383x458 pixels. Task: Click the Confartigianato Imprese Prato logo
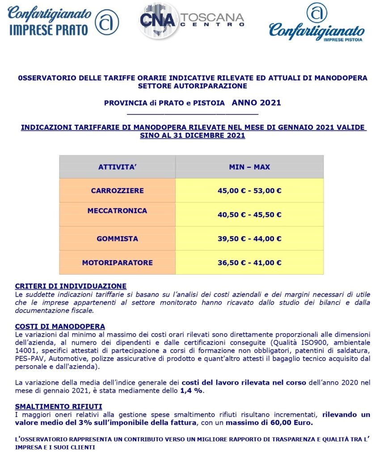pos(63,21)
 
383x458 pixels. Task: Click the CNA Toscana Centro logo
pos(191,20)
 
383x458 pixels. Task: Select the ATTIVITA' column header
pos(117,167)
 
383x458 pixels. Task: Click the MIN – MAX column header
pos(249,167)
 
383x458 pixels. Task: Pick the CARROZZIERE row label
pos(117,191)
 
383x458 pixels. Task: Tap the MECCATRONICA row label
pos(117,211)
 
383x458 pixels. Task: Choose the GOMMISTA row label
pos(117,238)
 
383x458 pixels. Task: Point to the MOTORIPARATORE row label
pos(117,263)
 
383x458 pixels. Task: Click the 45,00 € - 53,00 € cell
pos(249,191)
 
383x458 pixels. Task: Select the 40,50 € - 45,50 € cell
pos(249,215)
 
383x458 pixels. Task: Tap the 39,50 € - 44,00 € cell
pos(249,238)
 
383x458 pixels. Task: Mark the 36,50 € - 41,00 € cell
pos(249,263)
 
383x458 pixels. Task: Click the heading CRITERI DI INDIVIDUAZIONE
pos(71,286)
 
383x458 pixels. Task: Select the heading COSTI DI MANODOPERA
pos(60,327)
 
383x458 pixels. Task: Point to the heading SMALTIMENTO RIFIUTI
pos(59,407)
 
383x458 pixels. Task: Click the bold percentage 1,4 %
pos(191,391)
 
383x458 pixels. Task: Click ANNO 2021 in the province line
pos(256,102)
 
